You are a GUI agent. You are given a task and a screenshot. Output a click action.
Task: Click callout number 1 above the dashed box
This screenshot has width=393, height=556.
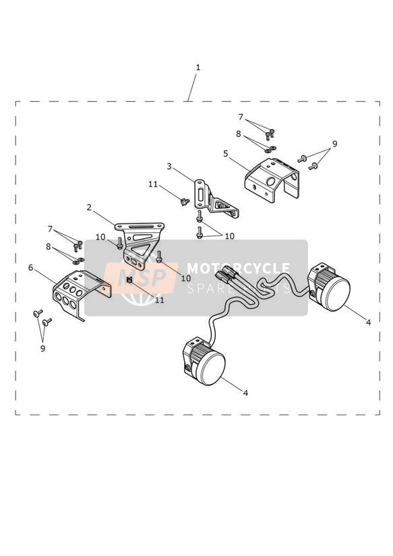[x=198, y=67]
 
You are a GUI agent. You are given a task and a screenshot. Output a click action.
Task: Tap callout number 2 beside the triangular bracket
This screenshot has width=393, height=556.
[x=89, y=207]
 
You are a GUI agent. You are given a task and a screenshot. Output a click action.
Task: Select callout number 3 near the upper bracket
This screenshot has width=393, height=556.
[x=169, y=166]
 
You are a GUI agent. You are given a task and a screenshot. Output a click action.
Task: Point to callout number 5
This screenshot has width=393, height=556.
[x=226, y=154]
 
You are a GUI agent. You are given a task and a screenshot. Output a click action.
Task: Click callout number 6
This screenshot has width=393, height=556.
[x=31, y=267]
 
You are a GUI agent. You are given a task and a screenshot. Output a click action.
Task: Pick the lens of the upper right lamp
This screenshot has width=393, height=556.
[x=336, y=293]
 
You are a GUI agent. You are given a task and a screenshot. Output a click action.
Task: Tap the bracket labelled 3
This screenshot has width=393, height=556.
[x=214, y=199]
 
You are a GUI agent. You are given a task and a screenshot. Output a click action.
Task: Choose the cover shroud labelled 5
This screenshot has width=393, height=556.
[x=272, y=180]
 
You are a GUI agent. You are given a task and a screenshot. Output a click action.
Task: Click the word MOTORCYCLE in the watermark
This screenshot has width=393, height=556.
[x=238, y=269]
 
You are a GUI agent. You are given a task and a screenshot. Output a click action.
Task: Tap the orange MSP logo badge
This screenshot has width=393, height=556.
[x=141, y=278]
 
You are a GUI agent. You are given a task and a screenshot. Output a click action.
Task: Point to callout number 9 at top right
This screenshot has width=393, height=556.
[x=334, y=144]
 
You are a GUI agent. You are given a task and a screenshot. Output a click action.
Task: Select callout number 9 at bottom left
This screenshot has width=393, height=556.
[x=43, y=349]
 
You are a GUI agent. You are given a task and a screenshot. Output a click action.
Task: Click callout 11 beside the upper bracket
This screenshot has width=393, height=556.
[x=153, y=184]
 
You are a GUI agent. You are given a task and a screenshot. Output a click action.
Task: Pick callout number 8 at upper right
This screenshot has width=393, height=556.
[x=239, y=134]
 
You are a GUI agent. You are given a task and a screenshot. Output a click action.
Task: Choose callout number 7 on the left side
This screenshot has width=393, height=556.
[x=51, y=229]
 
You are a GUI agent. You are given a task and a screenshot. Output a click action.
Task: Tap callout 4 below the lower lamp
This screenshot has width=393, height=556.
[x=245, y=393]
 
